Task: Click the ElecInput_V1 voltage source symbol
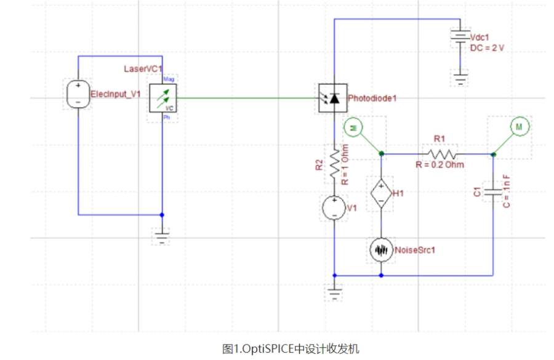tap(78, 95)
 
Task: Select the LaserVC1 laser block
tap(163, 98)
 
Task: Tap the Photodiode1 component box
tap(333, 98)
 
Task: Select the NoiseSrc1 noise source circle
tap(382, 250)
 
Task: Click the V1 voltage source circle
tap(334, 208)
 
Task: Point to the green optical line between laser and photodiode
tap(246, 98)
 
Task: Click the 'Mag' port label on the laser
tap(167, 81)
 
